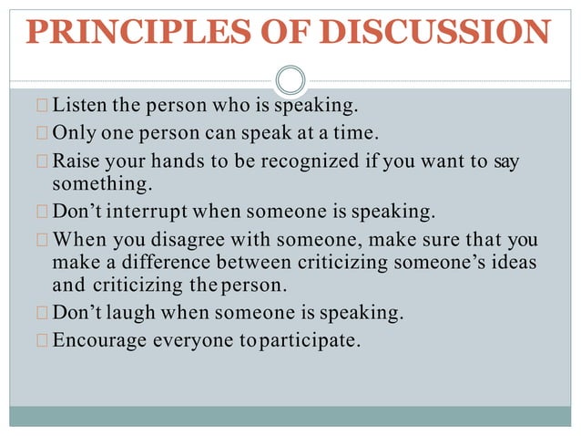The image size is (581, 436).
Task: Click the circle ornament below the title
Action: point(290,80)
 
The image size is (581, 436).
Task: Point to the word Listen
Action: point(80,109)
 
